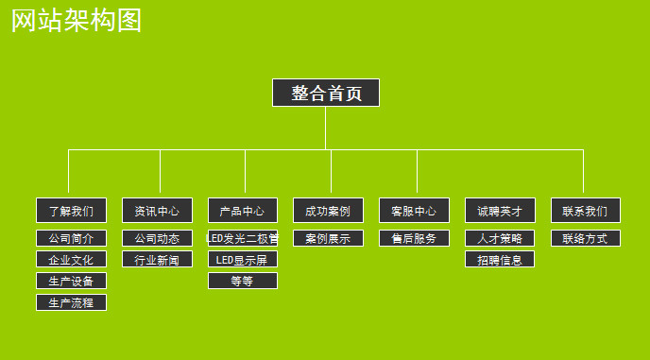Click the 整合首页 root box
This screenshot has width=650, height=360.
pos(326,93)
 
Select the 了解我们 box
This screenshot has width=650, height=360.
pos(71,210)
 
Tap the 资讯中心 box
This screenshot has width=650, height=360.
pos(157,210)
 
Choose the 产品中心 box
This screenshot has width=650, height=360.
pos(243,210)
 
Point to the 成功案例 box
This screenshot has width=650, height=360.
pos(328,210)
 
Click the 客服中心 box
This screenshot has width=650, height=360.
pos(414,210)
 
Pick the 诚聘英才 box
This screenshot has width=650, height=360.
pos(500,210)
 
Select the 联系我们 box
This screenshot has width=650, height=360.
pos(586,210)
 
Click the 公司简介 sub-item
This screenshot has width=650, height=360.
pos(71,238)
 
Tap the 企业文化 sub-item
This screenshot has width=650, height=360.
pos(71,259)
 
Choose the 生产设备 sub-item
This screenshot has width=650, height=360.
pos(71,281)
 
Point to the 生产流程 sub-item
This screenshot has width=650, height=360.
pos(71,302)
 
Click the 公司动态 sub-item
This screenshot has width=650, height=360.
pos(157,238)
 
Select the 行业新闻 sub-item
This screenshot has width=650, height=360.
pos(157,259)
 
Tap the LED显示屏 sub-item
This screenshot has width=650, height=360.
pos(243,259)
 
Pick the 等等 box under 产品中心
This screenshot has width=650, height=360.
pos(243,281)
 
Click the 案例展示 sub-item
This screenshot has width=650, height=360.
pos(328,238)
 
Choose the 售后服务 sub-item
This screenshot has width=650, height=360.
pos(414,238)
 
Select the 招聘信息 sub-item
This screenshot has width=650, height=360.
pos(500,259)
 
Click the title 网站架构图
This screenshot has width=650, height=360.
pos(77,20)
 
